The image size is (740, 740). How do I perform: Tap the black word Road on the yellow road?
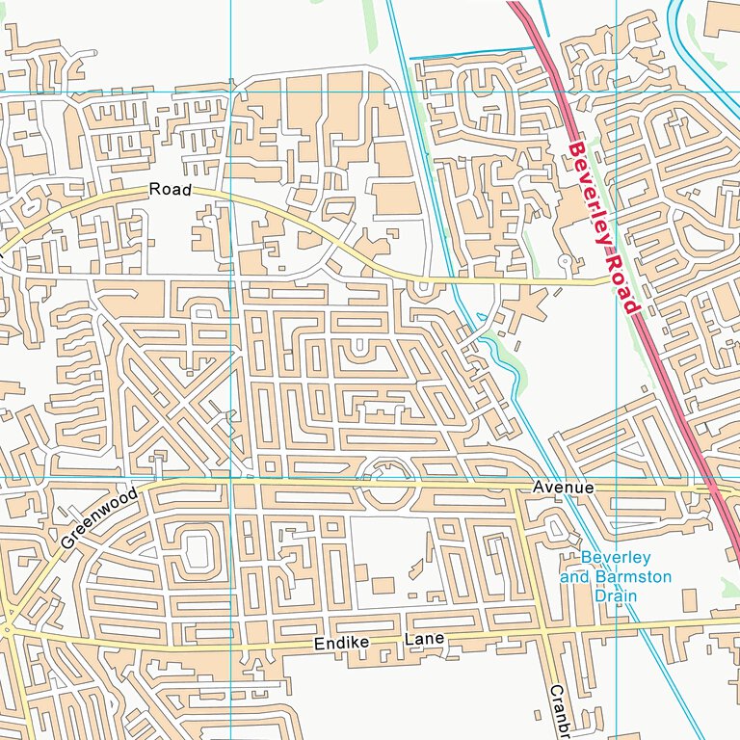[171, 190]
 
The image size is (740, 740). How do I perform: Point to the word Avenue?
[564, 489]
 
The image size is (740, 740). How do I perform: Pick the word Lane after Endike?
[425, 640]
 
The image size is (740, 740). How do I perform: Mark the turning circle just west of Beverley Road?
[565, 261]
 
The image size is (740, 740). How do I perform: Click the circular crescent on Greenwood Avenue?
[384, 475]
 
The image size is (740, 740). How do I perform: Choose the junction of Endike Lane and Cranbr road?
[543, 633]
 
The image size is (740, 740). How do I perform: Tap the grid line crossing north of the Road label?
[232, 92]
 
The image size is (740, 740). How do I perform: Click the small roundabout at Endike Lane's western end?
[8, 630]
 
